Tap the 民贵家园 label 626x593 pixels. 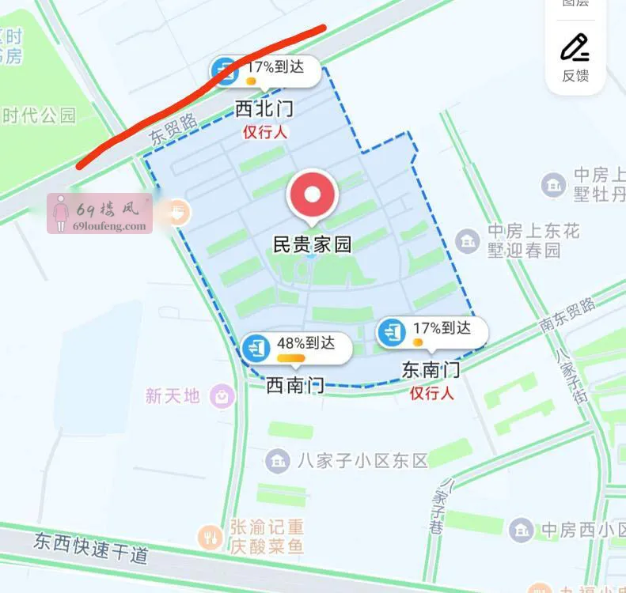(312, 244)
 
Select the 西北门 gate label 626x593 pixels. (264, 110)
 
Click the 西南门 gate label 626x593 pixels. (294, 385)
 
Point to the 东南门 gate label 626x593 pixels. (431, 369)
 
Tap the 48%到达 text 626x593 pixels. (305, 343)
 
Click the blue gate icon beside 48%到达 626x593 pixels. (256, 348)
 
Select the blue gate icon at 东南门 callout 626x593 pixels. (392, 332)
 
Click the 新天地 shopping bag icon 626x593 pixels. (223, 395)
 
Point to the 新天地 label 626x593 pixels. (173, 395)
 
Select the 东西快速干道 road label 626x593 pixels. (91, 547)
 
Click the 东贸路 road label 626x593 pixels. (173, 130)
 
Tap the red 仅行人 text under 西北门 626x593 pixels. (264, 132)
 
